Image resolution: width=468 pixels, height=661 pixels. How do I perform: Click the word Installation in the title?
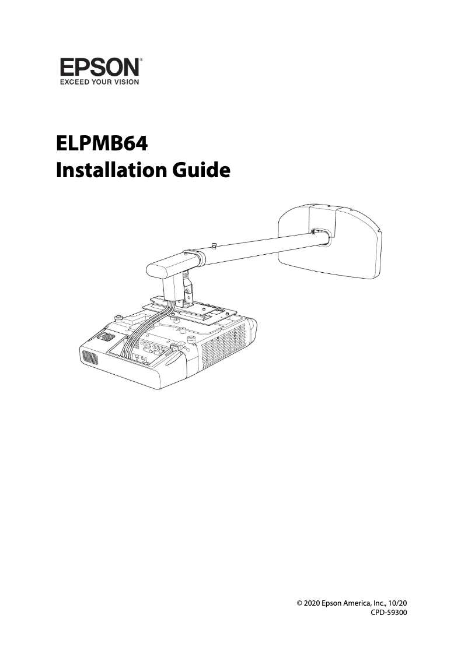[109, 170]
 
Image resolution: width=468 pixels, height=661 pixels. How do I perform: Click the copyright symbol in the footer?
[299, 603]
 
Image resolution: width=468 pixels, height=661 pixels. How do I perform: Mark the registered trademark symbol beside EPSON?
[142, 59]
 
